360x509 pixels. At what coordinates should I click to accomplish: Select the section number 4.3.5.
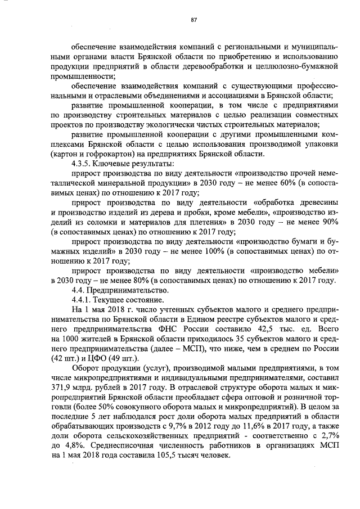click(x=76, y=164)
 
